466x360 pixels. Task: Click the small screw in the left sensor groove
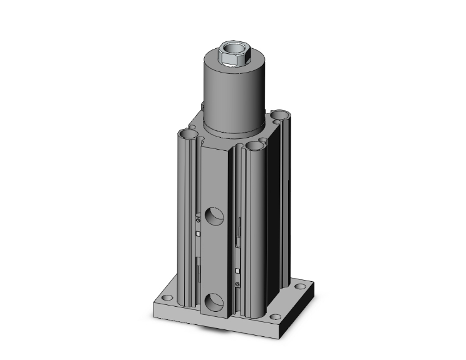click(198, 219)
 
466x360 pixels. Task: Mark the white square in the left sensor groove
click(198, 234)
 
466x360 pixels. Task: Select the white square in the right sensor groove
click(239, 254)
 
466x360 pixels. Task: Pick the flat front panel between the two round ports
click(215, 260)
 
